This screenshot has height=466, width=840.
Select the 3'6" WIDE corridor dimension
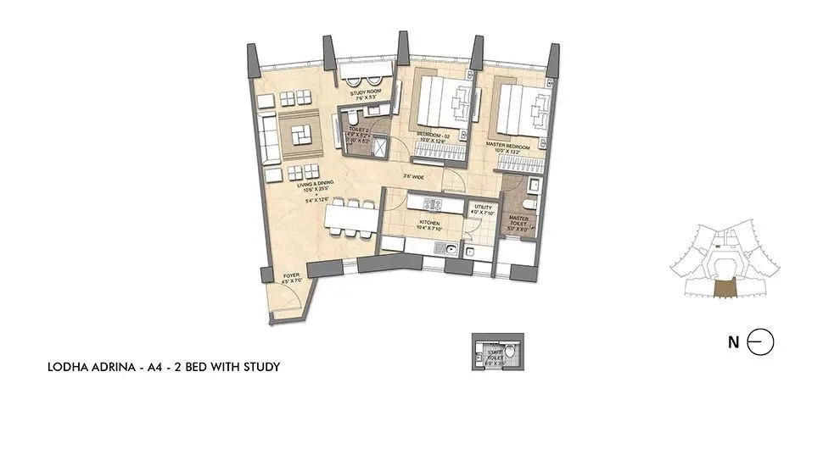pyautogui.click(x=413, y=177)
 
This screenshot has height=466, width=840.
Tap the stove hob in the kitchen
pyautogui.click(x=431, y=202)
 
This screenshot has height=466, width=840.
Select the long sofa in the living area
pyautogui.click(x=271, y=139)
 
